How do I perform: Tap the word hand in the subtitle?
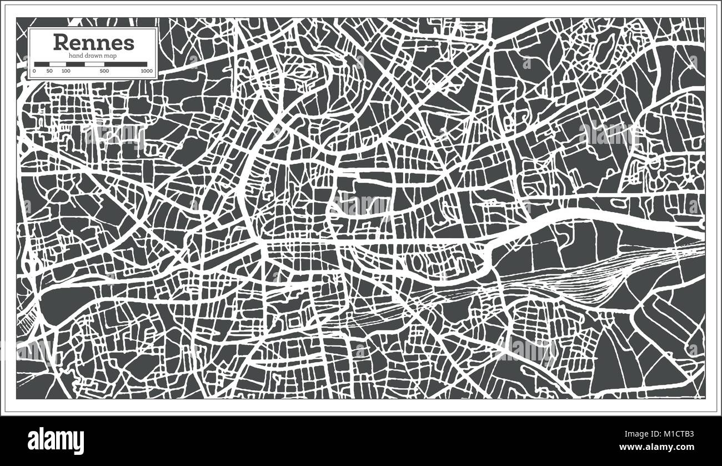(x=76, y=56)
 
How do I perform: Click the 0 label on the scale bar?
(x=34, y=71)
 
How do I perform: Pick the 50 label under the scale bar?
(x=49, y=71)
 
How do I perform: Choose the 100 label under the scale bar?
(x=66, y=71)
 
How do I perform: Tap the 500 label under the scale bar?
(x=104, y=71)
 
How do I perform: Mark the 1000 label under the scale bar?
(x=147, y=71)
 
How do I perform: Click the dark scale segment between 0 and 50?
(x=42, y=64)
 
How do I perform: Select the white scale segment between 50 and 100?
(x=58, y=64)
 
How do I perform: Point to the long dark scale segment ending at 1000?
(x=126, y=64)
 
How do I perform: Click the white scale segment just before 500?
(x=94, y=64)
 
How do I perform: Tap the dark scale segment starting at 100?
(x=76, y=64)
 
